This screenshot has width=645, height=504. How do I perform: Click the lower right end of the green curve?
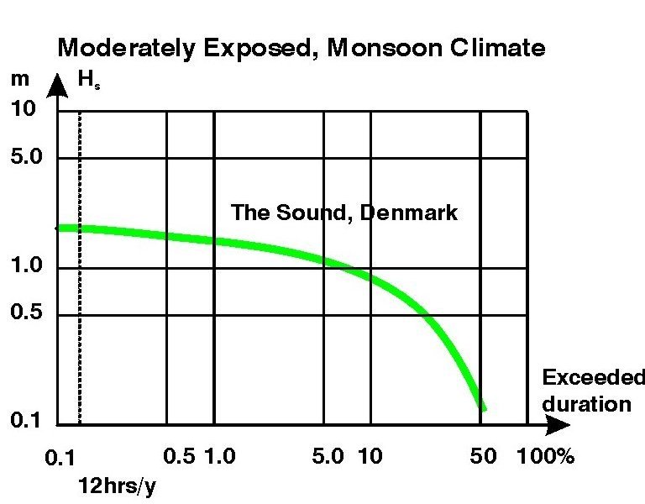click(481, 407)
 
